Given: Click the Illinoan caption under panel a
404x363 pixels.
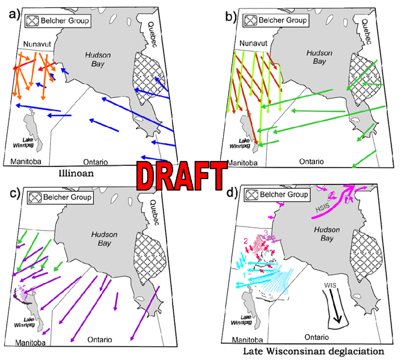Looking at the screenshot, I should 90,176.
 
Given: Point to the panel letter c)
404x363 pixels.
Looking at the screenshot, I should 10,194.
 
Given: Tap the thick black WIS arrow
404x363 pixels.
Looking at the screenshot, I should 334,307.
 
